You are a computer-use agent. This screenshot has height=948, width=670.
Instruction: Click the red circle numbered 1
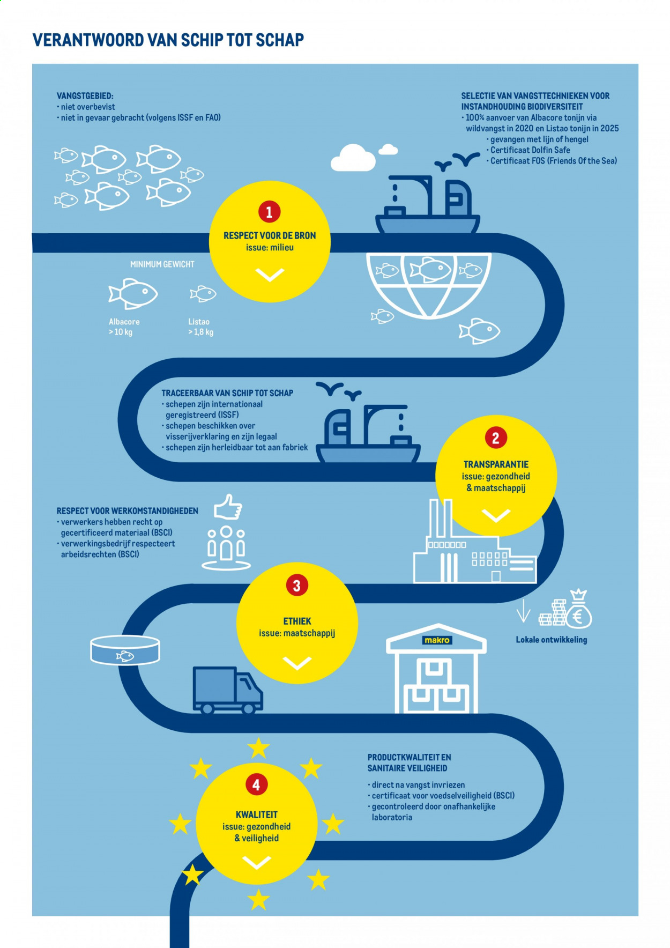click(x=269, y=212)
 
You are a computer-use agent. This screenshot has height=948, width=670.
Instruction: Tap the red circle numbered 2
click(x=496, y=438)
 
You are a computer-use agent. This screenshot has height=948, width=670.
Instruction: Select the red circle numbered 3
click(x=297, y=585)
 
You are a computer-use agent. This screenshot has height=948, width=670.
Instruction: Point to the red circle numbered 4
click(x=257, y=785)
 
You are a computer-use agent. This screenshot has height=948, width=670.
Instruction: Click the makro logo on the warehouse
click(x=437, y=640)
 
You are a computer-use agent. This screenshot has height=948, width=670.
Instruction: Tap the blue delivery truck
click(x=227, y=690)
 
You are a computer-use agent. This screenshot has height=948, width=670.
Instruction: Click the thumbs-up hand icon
click(x=228, y=507)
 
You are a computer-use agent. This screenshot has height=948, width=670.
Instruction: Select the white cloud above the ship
click(x=353, y=157)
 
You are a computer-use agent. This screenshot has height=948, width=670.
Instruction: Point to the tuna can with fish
click(x=125, y=650)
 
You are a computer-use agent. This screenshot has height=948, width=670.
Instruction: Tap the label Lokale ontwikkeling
click(x=552, y=640)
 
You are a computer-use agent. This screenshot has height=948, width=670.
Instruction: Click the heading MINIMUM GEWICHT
click(x=162, y=264)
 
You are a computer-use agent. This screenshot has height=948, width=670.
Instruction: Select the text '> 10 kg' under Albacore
click(x=121, y=332)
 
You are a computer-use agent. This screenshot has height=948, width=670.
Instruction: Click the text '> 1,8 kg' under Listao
click(x=200, y=332)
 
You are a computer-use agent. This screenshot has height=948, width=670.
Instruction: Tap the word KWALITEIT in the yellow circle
click(x=257, y=814)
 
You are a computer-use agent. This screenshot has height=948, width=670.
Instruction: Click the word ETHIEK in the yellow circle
click(x=297, y=621)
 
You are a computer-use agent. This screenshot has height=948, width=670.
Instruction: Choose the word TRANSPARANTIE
click(x=496, y=464)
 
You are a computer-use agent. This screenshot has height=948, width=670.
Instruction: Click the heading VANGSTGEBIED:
click(x=85, y=96)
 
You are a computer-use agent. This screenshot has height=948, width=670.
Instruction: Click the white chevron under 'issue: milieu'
click(x=270, y=275)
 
